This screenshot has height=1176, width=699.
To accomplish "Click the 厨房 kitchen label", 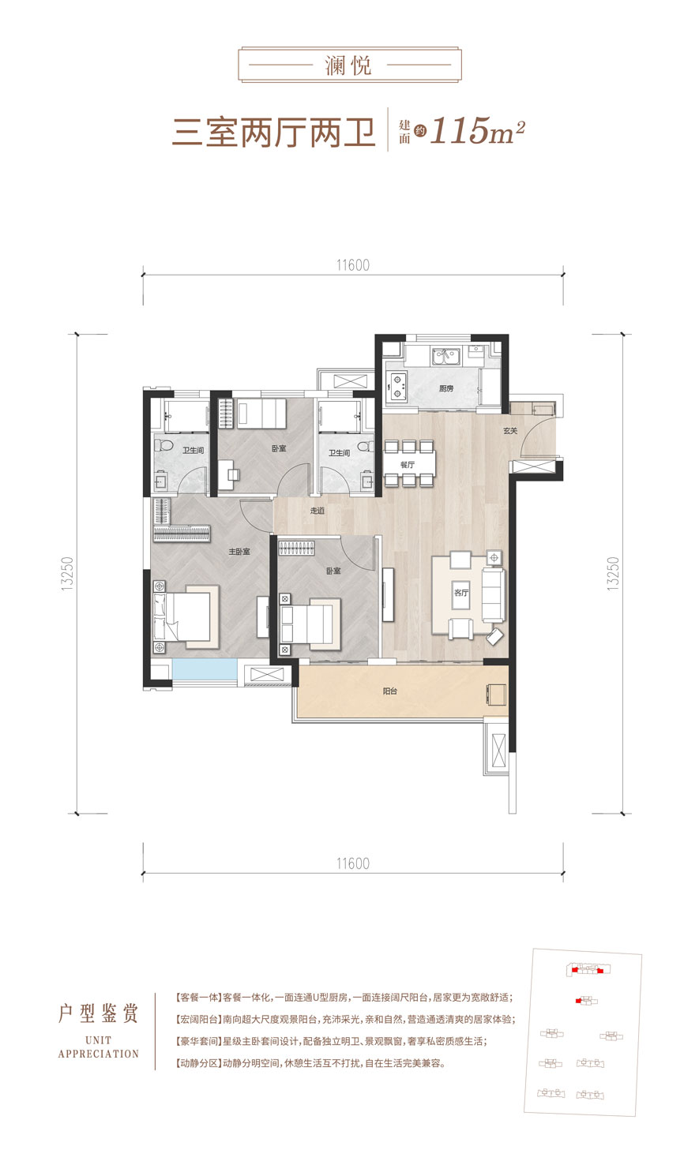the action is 446,388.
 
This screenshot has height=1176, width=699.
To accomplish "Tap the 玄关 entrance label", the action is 510,431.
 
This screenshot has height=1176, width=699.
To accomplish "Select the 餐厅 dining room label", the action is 408,465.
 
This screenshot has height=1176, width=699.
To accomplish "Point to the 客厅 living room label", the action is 461,593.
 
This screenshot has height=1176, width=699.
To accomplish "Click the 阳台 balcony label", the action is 390,691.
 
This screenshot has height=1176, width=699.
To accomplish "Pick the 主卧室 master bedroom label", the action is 239,552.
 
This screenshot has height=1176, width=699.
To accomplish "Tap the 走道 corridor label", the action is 318,511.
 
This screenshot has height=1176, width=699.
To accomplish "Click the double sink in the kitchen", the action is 446,357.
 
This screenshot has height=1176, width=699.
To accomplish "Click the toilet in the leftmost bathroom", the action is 164,446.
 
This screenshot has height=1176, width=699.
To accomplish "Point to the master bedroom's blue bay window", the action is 205,670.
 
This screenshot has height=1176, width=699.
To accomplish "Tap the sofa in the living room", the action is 494,595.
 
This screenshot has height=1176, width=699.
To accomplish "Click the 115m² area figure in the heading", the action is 477,131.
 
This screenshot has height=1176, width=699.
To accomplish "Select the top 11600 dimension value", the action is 352,265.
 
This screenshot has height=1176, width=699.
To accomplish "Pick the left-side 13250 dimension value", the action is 67,575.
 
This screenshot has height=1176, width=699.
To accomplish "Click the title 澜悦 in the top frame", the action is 348,66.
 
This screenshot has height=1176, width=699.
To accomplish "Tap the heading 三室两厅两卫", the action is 273,133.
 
